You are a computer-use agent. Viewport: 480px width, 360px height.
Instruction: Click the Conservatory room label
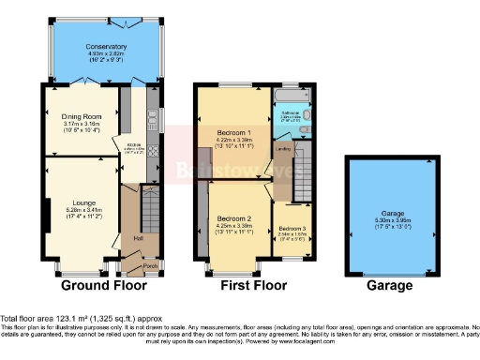(106, 46)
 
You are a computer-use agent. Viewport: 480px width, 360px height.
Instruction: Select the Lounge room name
(81, 202)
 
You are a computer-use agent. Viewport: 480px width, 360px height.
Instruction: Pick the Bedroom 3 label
(291, 228)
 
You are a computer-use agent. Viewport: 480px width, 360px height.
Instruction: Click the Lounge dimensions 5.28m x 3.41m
(81, 210)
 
